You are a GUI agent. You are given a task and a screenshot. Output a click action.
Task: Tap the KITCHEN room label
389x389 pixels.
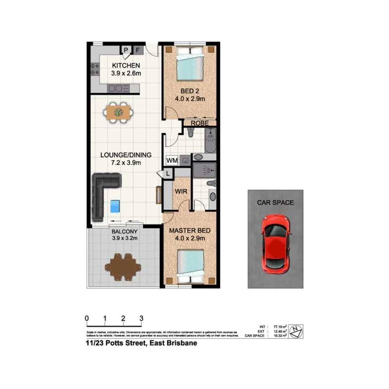pyautogui.click(x=126, y=66)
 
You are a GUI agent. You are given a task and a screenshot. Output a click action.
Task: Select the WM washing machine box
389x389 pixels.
pyautogui.click(x=171, y=160)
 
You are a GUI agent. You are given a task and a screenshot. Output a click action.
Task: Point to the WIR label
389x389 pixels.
pyautogui.click(x=181, y=192)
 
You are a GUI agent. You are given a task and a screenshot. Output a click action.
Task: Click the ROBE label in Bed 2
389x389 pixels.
pyautogui.click(x=200, y=123)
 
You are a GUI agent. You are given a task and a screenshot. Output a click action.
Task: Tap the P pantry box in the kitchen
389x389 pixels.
pyautogui.click(x=126, y=51)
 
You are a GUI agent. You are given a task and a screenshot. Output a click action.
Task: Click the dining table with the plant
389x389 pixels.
pyautogui.click(x=119, y=112)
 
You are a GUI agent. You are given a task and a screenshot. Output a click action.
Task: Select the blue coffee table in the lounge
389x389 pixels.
pyautogui.click(x=115, y=206)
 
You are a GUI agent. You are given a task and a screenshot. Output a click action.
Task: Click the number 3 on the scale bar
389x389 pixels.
pyautogui.click(x=141, y=318)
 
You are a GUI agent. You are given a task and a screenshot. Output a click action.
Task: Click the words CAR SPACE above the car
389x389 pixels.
pyautogui.click(x=275, y=203)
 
